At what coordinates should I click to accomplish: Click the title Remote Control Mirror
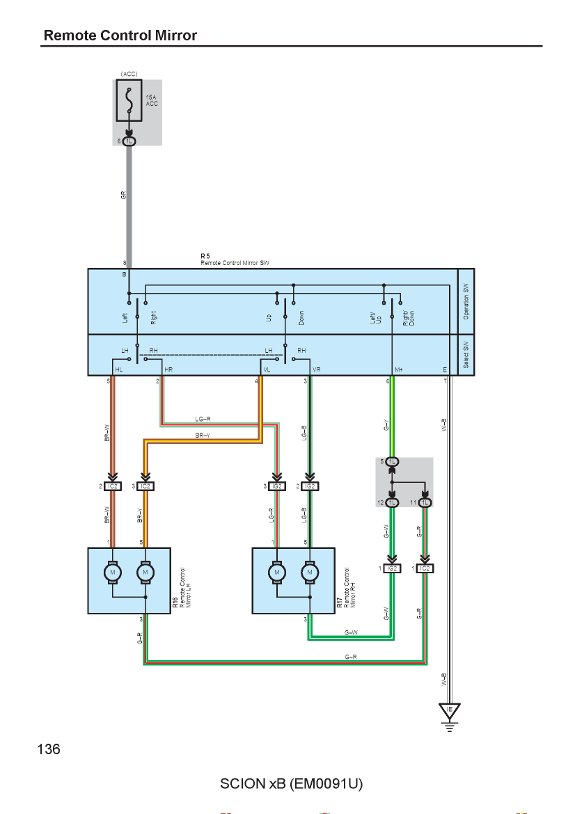pyautogui.click(x=120, y=35)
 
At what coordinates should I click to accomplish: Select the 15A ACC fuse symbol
pyautogui.click(x=129, y=100)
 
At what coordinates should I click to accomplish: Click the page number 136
pyautogui.click(x=49, y=749)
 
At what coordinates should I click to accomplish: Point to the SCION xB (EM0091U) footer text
pyautogui.click(x=292, y=783)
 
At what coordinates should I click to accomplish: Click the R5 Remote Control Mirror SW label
pyautogui.click(x=235, y=260)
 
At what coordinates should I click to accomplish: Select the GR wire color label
pyautogui.click(x=124, y=195)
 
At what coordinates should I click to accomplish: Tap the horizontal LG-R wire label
pyautogui.click(x=203, y=419)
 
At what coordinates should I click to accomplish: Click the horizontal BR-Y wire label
pyautogui.click(x=203, y=435)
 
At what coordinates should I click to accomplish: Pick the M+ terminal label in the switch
pyautogui.click(x=398, y=369)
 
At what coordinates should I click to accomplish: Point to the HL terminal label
pyautogui.click(x=119, y=369)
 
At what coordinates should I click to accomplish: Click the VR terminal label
pyautogui.click(x=316, y=369)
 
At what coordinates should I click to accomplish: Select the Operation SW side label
pyautogui.click(x=466, y=301)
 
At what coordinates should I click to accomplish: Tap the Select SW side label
pyautogui.click(x=466, y=355)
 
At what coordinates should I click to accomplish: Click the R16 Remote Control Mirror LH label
pyautogui.click(x=182, y=587)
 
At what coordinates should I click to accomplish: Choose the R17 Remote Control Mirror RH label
pyautogui.click(x=347, y=587)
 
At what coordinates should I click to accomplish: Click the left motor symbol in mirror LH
pyautogui.click(x=113, y=572)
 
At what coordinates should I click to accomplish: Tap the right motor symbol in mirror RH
pyautogui.click(x=310, y=572)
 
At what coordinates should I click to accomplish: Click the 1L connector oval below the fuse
pyautogui.click(x=129, y=141)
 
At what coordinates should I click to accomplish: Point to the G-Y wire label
pyautogui.click(x=386, y=425)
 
